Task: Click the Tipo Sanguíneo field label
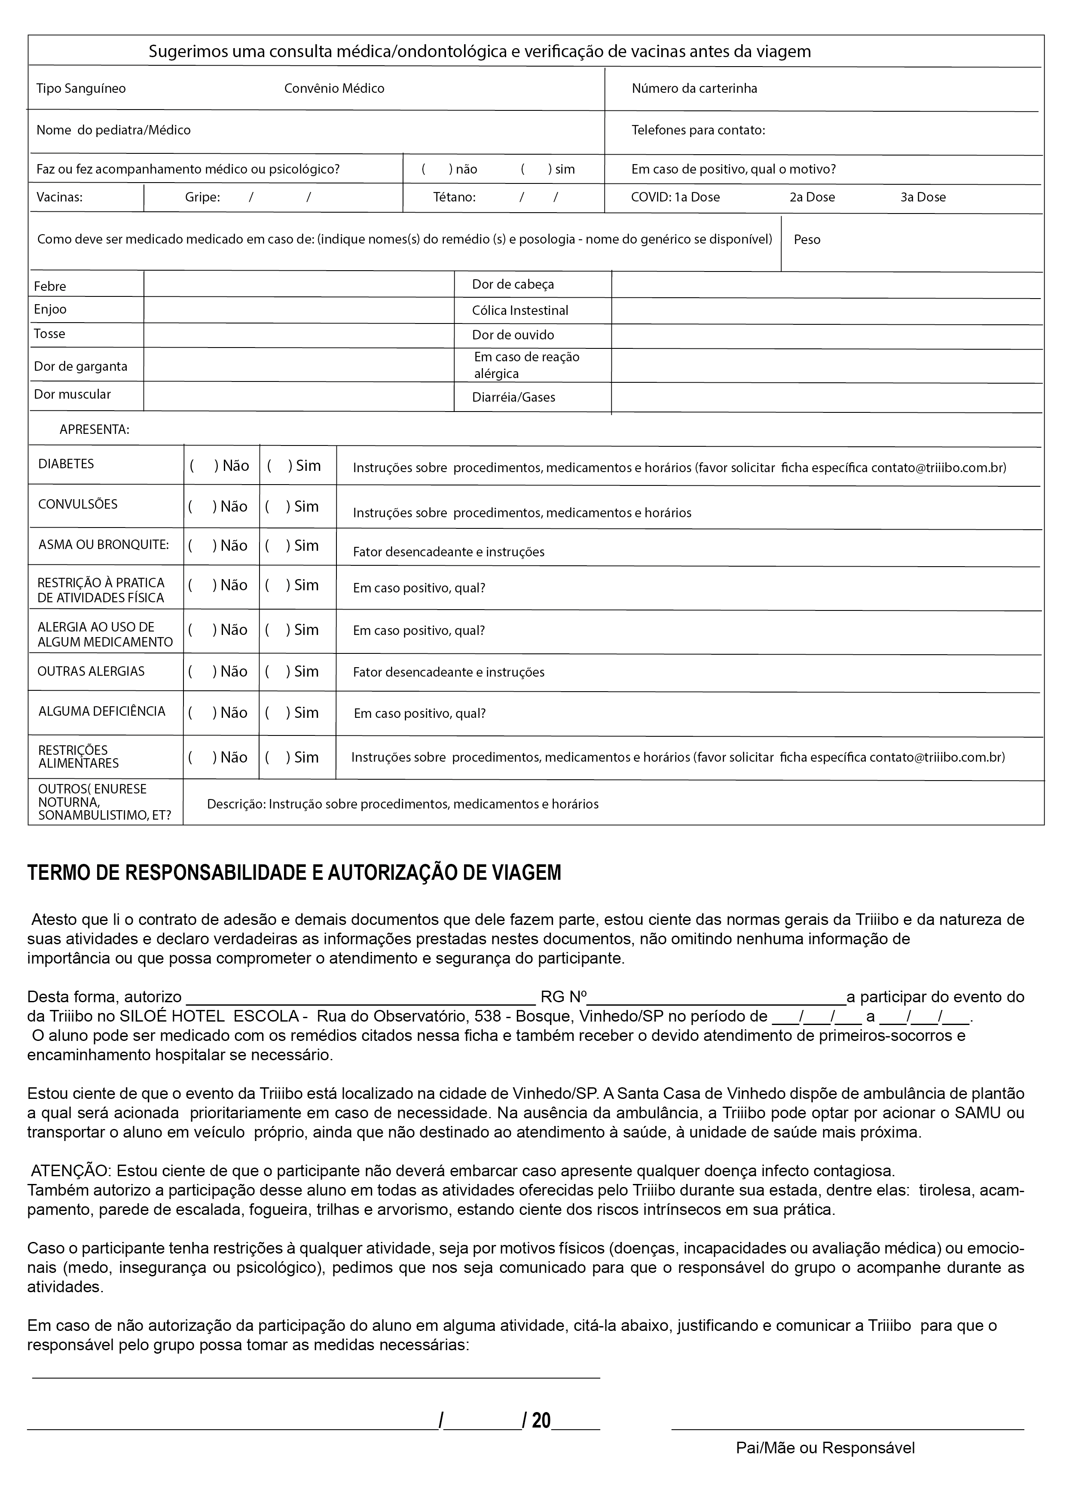tap(81, 88)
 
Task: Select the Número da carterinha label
tap(694, 88)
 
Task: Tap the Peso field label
tap(807, 240)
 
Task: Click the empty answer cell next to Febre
tap(299, 285)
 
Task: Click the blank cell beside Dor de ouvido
tap(826, 336)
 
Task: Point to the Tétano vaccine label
tap(454, 197)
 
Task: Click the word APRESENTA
tap(95, 430)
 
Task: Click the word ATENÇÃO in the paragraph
tap(72, 1171)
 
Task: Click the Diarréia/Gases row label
tap(513, 397)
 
